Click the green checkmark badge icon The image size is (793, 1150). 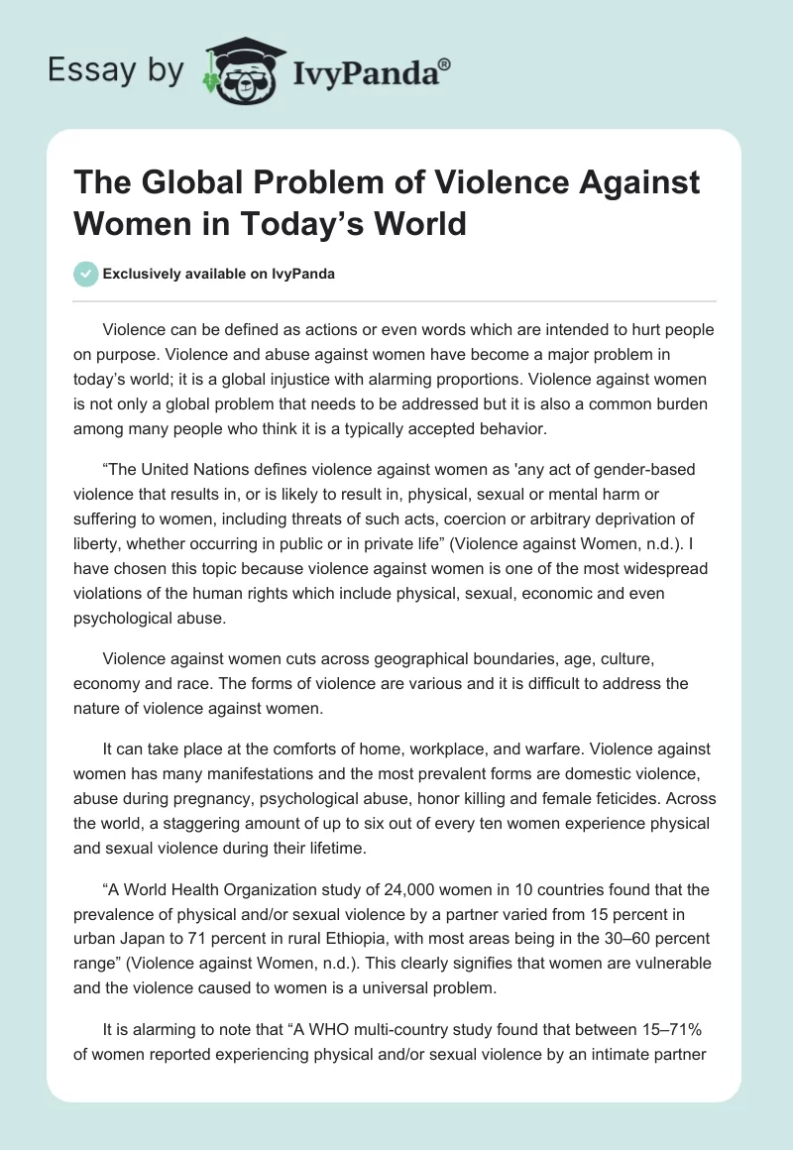tap(86, 274)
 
